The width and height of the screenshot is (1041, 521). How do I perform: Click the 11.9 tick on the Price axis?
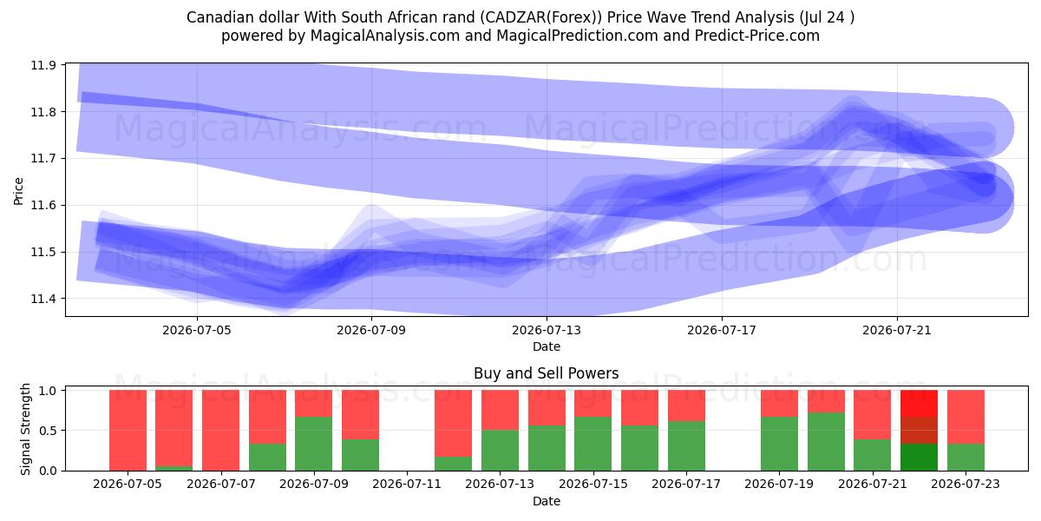point(43,65)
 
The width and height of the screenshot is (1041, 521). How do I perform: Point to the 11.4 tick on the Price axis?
point(43,299)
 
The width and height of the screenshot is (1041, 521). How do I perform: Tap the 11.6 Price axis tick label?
point(43,205)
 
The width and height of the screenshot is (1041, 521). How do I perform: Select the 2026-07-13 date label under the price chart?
point(547,330)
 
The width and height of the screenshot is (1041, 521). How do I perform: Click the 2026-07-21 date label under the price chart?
point(897,330)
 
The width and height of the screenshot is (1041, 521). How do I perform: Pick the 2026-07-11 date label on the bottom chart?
point(407,485)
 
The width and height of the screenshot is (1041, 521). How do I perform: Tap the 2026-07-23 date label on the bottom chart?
point(966,485)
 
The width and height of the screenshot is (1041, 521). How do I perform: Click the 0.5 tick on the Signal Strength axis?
point(48,431)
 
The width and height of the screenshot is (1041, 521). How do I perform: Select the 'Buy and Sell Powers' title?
point(546,373)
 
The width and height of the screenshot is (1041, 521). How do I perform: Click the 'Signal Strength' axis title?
point(25,429)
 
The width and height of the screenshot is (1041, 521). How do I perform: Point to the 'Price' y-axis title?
point(18,191)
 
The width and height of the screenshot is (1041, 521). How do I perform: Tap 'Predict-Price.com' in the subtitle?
point(757,36)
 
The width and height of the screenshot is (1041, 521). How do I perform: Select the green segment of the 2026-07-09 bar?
point(314,444)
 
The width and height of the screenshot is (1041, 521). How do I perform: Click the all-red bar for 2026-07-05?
point(128,431)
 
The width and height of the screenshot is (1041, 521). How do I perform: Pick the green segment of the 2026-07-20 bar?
point(826,442)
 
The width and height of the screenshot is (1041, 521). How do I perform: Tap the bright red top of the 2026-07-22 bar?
point(919,403)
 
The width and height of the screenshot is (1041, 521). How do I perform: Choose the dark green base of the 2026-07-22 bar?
point(919,458)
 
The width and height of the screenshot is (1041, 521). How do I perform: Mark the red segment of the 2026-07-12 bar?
point(453,424)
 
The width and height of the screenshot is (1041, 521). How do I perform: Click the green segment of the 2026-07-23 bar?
point(966,458)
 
